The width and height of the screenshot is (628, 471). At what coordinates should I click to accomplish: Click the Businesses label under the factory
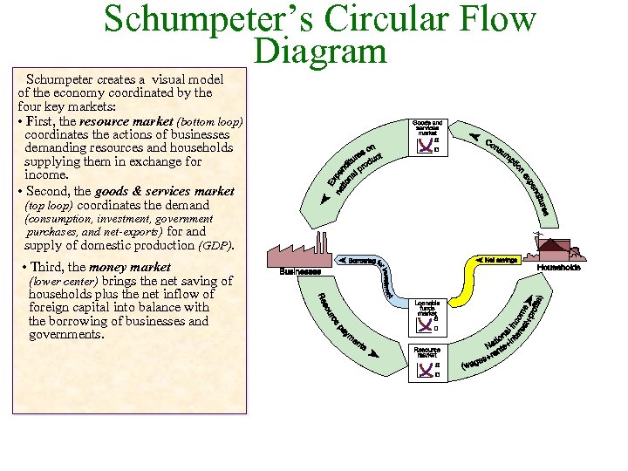pyautogui.click(x=300, y=271)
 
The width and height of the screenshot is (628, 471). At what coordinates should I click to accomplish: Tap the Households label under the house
pyautogui.click(x=558, y=268)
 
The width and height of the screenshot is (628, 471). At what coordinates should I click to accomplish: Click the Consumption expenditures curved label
pyautogui.click(x=518, y=174)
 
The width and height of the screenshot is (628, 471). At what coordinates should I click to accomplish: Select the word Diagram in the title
pyautogui.click(x=319, y=51)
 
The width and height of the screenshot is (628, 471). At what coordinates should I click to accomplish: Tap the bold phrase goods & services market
pyautogui.click(x=165, y=191)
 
